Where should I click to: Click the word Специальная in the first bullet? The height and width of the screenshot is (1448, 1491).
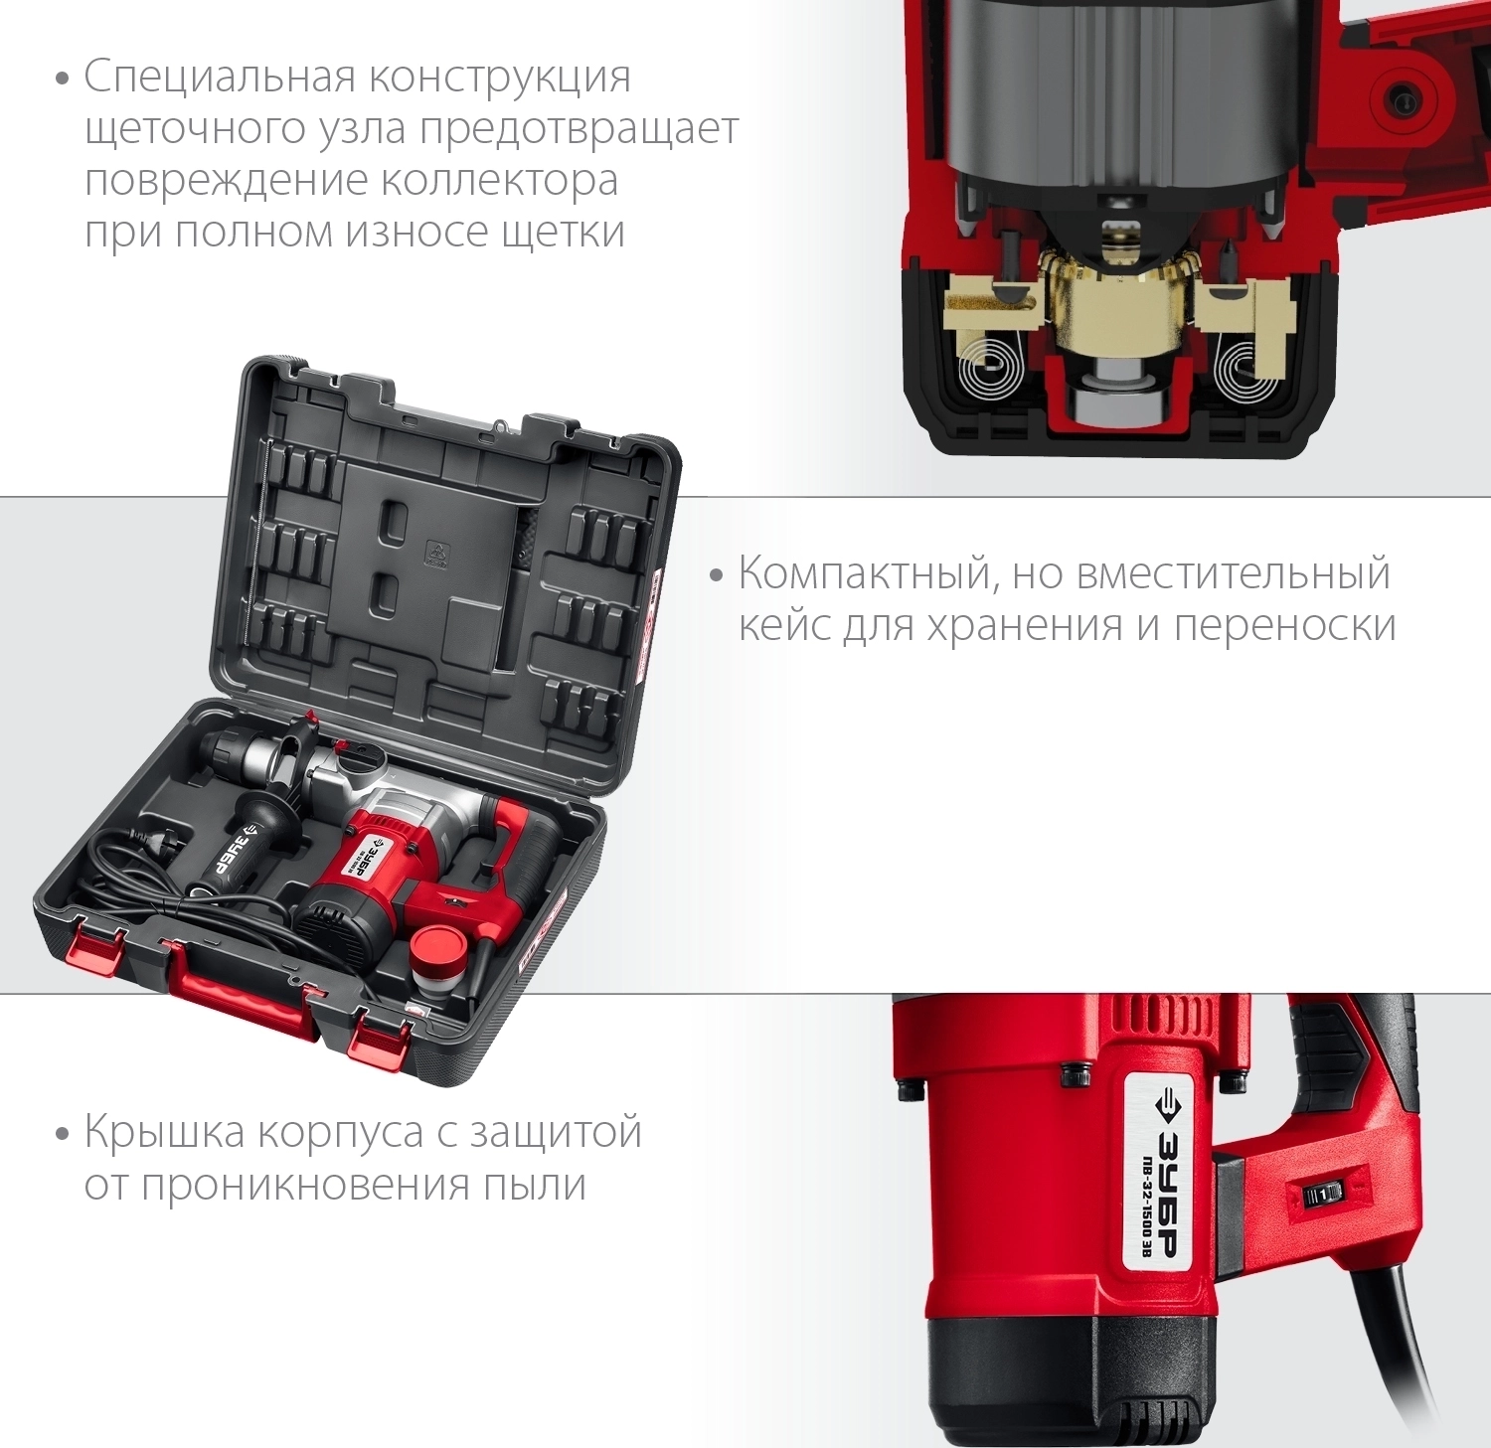tap(220, 78)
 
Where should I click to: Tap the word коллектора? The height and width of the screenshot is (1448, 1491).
tap(500, 181)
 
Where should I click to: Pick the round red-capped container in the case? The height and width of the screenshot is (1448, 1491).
tap(437, 958)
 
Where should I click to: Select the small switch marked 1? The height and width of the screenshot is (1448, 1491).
tap(1323, 1196)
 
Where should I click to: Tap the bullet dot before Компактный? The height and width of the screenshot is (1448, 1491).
tap(716, 576)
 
